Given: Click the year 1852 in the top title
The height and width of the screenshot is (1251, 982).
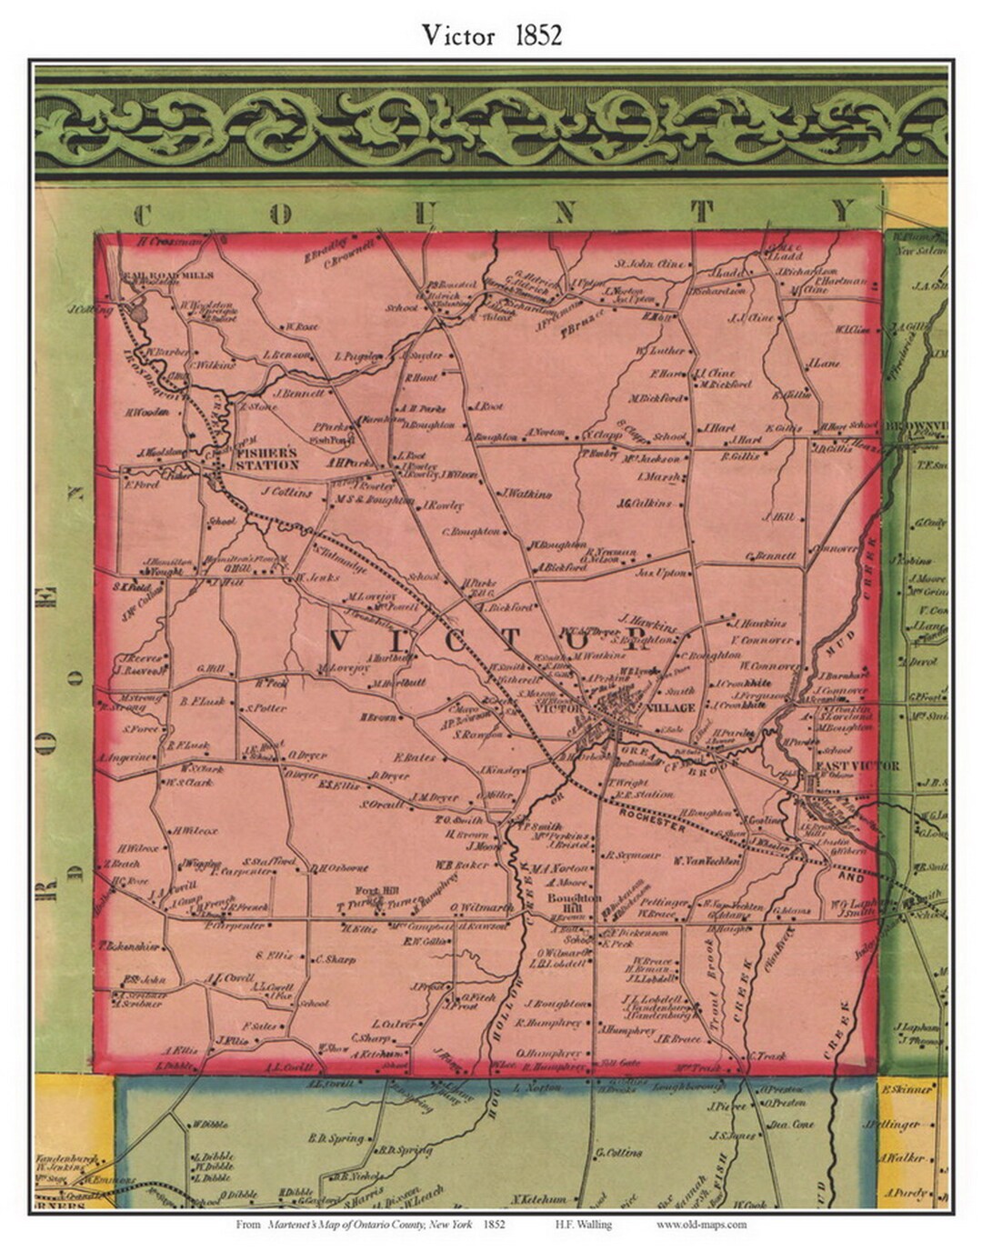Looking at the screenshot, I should pos(538,35).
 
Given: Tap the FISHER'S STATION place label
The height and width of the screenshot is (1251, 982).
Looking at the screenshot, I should pos(266,458).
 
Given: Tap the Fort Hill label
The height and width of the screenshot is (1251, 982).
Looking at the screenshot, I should pos(375,890).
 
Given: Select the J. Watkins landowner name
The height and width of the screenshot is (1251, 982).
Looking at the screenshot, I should pos(526,495).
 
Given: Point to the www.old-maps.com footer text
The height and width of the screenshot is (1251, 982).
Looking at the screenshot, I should pos(701,1224).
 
